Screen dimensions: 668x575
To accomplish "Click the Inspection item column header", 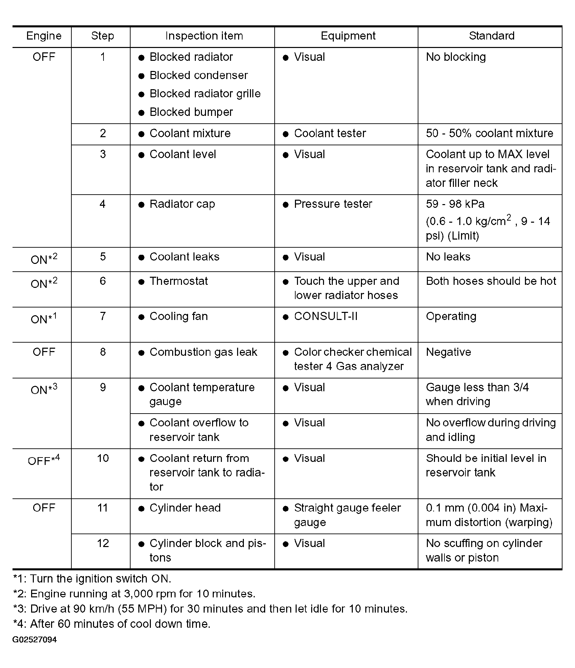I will pyautogui.click(x=204, y=36).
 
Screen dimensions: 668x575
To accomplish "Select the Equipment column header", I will pyautogui.click(x=348, y=36).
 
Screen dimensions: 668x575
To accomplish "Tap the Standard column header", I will pyautogui.click(x=491, y=36).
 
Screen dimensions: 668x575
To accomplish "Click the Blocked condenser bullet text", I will pyautogui.click(x=199, y=75).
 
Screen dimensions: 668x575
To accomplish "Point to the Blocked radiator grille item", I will pyautogui.click(x=205, y=94).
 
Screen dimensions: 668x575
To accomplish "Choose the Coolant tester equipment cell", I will pyautogui.click(x=330, y=133).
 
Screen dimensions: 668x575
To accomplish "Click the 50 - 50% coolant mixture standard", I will pyautogui.click(x=489, y=133).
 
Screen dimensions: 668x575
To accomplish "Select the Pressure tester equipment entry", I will pyautogui.click(x=333, y=204).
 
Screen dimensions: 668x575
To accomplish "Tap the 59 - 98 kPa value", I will pyautogui.click(x=455, y=204).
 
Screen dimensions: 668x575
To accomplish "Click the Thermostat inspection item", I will pyautogui.click(x=179, y=281).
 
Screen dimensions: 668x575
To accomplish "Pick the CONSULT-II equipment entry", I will pyautogui.click(x=325, y=317).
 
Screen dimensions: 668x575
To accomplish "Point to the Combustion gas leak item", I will pyautogui.click(x=203, y=352).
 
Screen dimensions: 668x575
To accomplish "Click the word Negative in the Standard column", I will pyautogui.click(x=448, y=352).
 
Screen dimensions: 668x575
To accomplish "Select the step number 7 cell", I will pyautogui.click(x=102, y=317).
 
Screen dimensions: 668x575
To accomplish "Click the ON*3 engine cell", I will pyautogui.click(x=44, y=389).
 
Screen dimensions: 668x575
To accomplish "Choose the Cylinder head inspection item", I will pyautogui.click(x=185, y=508).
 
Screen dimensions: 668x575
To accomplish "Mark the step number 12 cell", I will pyautogui.click(x=102, y=543).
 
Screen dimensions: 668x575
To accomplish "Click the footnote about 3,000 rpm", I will pyautogui.click(x=134, y=594).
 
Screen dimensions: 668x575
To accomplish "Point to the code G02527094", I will pyautogui.click(x=34, y=640).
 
